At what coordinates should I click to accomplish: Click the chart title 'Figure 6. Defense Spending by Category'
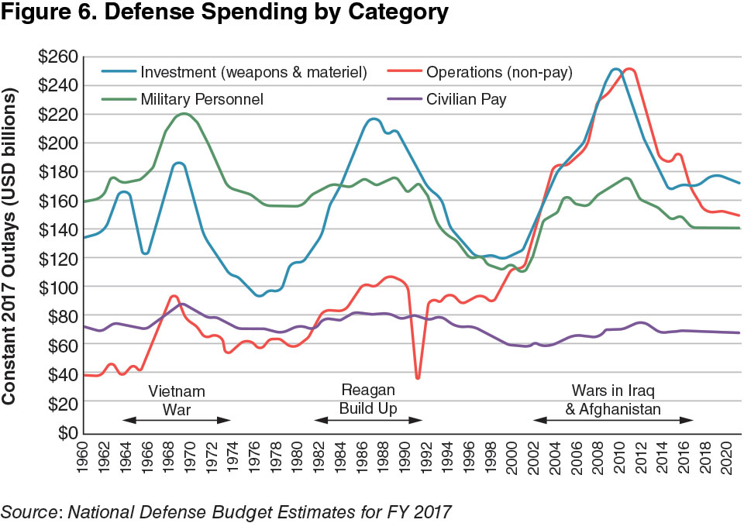(225, 13)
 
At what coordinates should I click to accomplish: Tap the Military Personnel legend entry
(201, 99)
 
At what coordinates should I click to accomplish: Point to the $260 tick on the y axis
(57, 57)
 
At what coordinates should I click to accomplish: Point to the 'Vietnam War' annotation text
(177, 398)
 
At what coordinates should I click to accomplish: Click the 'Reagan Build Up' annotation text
(368, 398)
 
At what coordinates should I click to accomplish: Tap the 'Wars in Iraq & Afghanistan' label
(613, 398)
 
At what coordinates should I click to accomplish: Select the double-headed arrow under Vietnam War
(177, 420)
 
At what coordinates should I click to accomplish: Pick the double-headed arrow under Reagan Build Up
(368, 420)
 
